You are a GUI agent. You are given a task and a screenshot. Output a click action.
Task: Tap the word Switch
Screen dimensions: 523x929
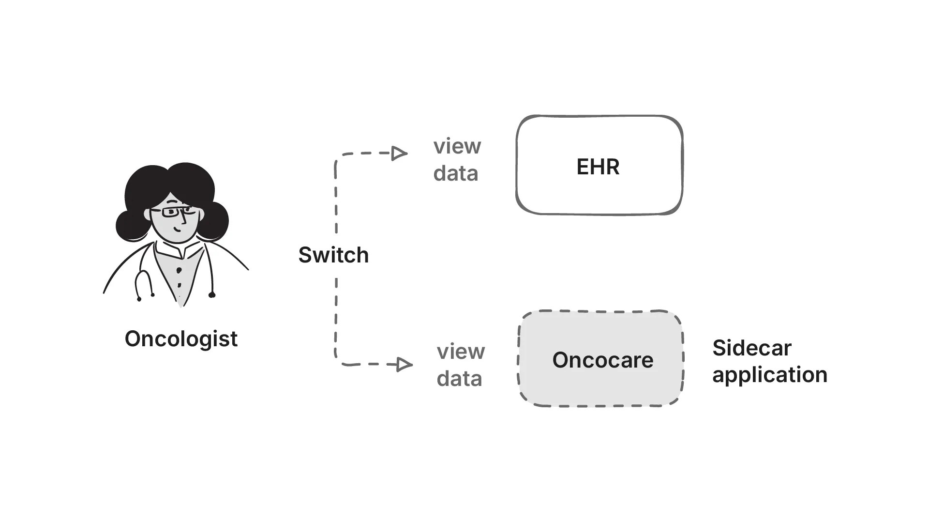click(333, 255)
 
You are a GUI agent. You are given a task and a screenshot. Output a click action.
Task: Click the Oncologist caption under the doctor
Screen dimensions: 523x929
click(181, 339)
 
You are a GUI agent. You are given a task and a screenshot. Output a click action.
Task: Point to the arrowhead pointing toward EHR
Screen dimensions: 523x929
click(399, 154)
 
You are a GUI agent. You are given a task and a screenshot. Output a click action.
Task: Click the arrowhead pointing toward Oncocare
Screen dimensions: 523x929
click(404, 364)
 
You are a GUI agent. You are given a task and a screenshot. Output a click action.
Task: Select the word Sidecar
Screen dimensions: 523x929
click(751, 348)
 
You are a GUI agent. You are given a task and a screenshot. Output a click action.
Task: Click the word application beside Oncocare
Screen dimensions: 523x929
click(769, 375)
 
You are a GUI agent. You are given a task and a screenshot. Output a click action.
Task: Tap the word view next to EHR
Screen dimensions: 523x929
click(457, 146)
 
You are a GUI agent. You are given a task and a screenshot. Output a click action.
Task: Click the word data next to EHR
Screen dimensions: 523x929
click(455, 174)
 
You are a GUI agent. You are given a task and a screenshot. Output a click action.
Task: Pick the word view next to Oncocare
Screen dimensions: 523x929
click(460, 352)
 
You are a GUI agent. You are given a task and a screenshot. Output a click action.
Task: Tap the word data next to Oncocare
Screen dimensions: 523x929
click(459, 379)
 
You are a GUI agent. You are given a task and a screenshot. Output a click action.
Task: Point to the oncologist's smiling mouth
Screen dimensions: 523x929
click(179, 228)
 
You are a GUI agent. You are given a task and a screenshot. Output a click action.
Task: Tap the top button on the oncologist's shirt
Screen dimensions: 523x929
click(179, 270)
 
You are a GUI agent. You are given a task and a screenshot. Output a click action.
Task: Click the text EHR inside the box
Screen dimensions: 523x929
click(598, 167)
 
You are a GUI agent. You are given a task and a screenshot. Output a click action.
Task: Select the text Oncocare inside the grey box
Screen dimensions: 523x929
click(602, 360)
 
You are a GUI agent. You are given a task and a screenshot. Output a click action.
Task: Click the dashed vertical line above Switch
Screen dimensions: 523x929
click(336, 203)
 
